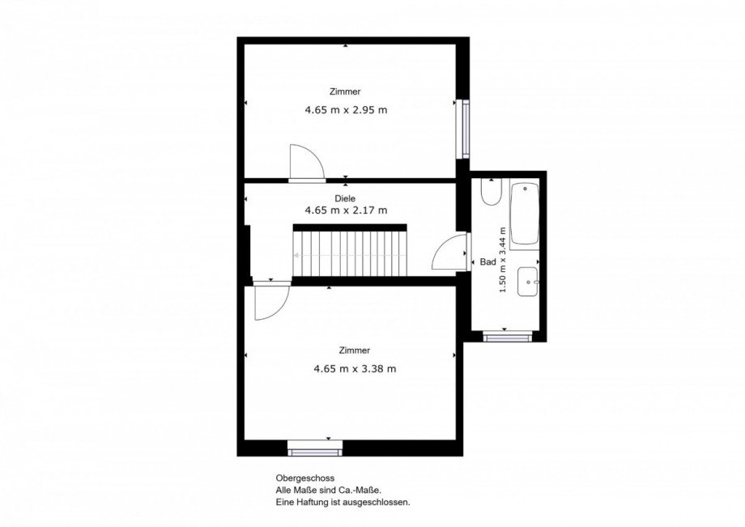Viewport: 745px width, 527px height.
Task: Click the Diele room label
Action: click(x=345, y=198)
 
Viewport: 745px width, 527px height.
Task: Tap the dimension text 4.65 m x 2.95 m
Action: click(x=346, y=110)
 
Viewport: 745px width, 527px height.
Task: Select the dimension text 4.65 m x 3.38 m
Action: click(x=355, y=369)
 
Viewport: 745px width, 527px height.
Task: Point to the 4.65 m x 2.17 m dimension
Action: click(x=346, y=210)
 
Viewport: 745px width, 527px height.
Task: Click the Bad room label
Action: click(x=488, y=262)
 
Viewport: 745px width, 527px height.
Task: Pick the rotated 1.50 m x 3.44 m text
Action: click(x=503, y=260)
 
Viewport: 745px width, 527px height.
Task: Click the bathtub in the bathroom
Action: click(x=525, y=215)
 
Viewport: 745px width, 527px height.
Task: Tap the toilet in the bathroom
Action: click(x=491, y=193)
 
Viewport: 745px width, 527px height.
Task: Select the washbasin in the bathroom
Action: click(x=528, y=282)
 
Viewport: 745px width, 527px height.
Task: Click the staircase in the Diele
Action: click(x=350, y=251)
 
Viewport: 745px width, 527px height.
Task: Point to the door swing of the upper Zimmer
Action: click(x=307, y=163)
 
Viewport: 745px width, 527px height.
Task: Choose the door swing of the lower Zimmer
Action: click(x=272, y=301)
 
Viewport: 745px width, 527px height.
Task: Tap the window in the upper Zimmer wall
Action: click(x=464, y=129)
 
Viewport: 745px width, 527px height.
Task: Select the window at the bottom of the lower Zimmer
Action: click(x=315, y=448)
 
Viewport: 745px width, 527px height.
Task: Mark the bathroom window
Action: click(x=507, y=337)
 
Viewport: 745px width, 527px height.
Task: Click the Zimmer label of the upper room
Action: click(x=346, y=91)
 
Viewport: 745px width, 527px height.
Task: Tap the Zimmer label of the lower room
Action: click(x=355, y=351)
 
